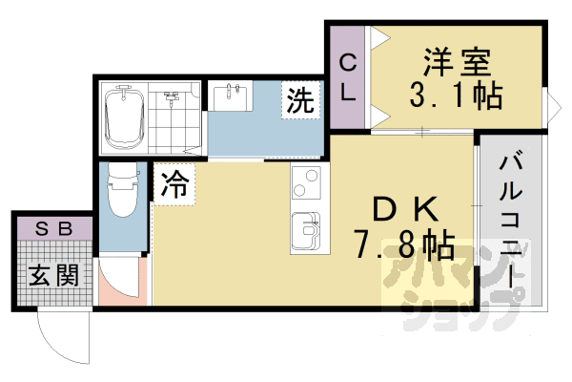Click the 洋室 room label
pyautogui.click(x=457, y=62)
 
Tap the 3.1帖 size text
pyautogui.click(x=456, y=95)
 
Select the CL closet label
pyautogui.click(x=348, y=78)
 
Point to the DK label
pyautogui.click(x=406, y=209)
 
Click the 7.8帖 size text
pyautogui.click(x=404, y=244)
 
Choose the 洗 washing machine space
pyautogui.click(x=300, y=99)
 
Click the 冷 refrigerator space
pyautogui.click(x=174, y=184)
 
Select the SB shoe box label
pyautogui.click(x=53, y=229)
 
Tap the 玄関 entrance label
pyautogui.click(x=53, y=276)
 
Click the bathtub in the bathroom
pyautogui.click(x=124, y=117)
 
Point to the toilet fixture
pyautogui.click(x=123, y=191)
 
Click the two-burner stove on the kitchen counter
pyautogui.click(x=306, y=182)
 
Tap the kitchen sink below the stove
pyautogui.click(x=306, y=228)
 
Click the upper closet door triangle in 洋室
pyautogui.click(x=379, y=37)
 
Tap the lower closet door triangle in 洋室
pyautogui.click(x=379, y=117)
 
